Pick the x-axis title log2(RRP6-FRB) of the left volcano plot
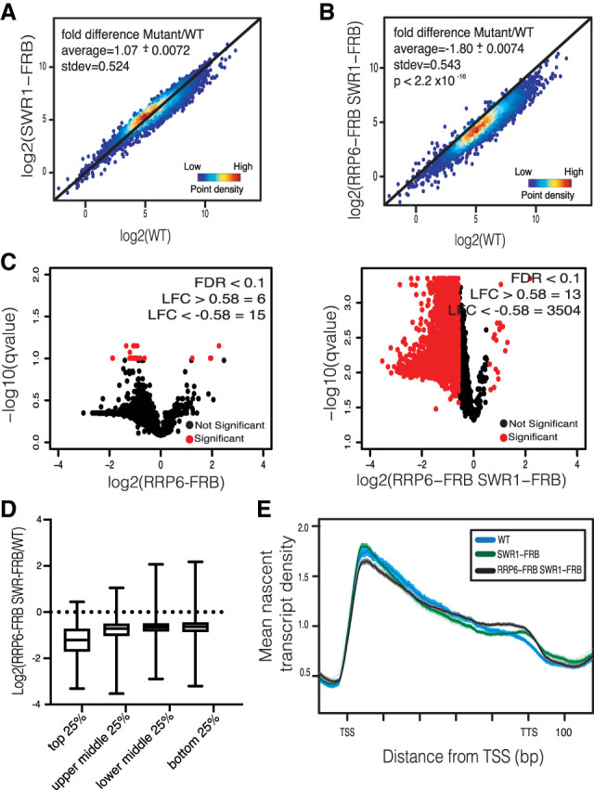[x=160, y=482]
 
